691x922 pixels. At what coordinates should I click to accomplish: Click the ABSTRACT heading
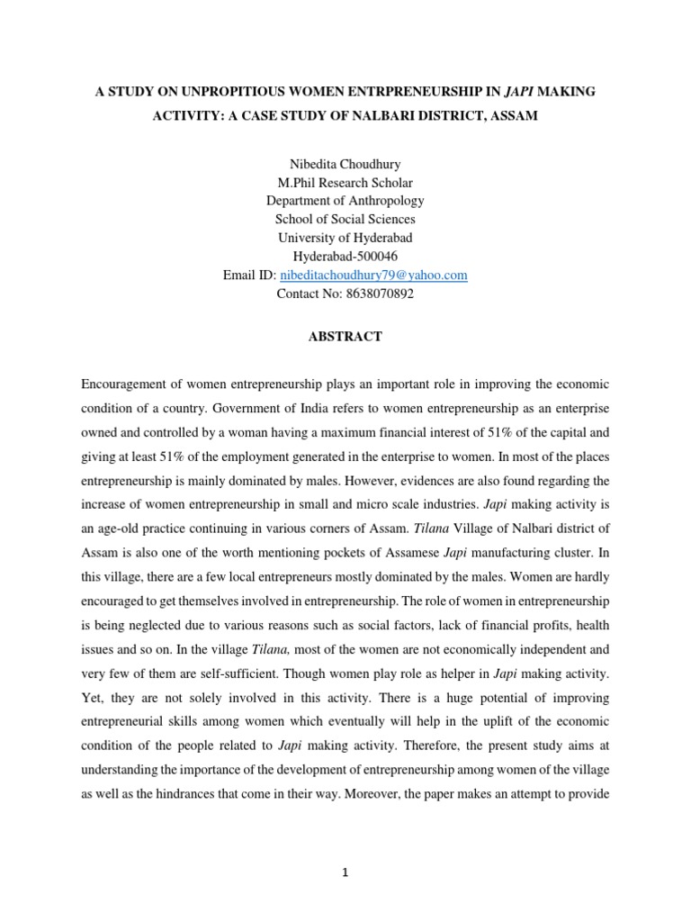click(345, 337)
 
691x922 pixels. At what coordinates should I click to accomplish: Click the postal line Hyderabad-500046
click(345, 257)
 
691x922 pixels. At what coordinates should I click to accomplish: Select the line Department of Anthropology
click(345, 200)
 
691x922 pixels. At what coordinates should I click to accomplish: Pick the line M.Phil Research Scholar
click(345, 181)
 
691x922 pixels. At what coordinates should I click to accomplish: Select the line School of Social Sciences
click(345, 219)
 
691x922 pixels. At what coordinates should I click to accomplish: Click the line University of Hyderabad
click(345, 238)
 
